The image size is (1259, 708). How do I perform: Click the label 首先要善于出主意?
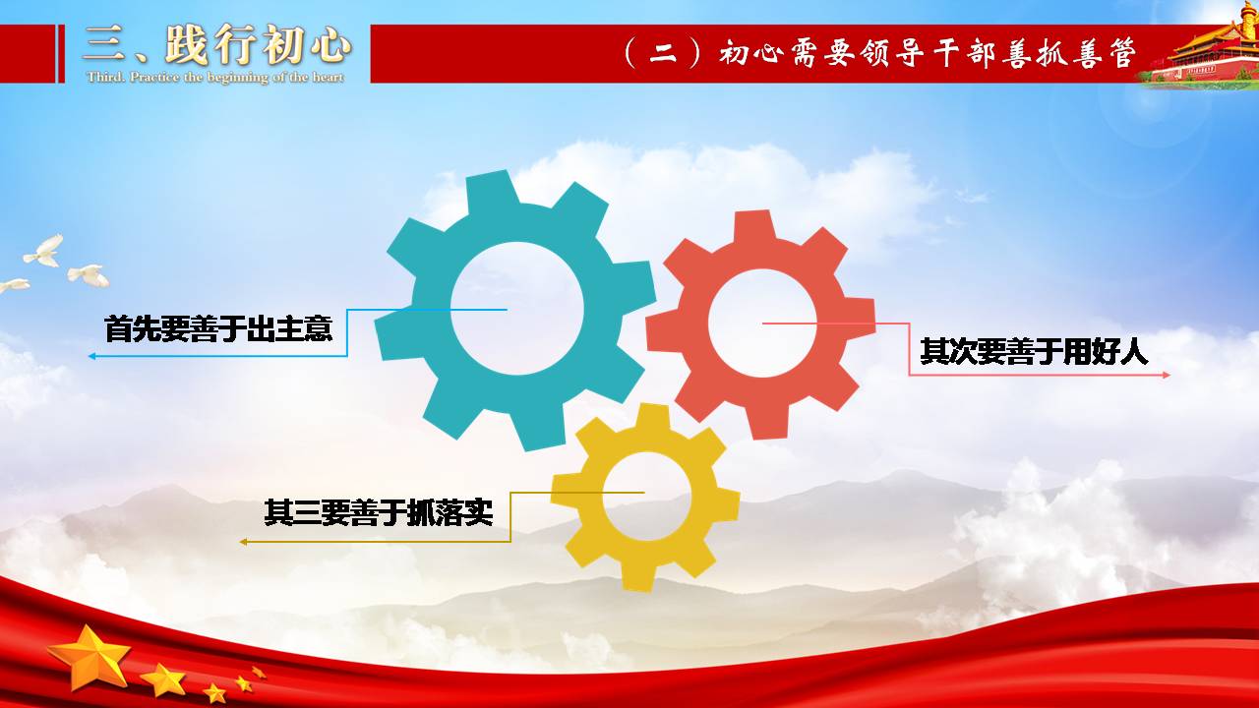(x=218, y=328)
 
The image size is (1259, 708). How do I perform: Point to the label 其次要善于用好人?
(x=1034, y=352)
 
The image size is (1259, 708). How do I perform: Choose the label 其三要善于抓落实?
(x=379, y=512)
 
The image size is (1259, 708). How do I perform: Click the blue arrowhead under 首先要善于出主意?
(x=91, y=356)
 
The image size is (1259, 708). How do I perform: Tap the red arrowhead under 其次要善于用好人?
(x=1167, y=375)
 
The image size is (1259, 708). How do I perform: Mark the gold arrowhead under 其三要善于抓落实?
(x=243, y=542)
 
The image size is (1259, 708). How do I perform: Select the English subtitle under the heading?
(x=215, y=77)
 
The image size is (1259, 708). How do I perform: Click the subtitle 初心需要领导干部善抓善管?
(x=928, y=53)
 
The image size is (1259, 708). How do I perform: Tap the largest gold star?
(x=90, y=658)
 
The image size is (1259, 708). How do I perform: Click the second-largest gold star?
(x=163, y=679)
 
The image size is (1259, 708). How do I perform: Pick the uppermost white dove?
(x=45, y=251)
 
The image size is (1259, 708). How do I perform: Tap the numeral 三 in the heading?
(x=104, y=44)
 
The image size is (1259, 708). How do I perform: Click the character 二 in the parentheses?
(x=663, y=54)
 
